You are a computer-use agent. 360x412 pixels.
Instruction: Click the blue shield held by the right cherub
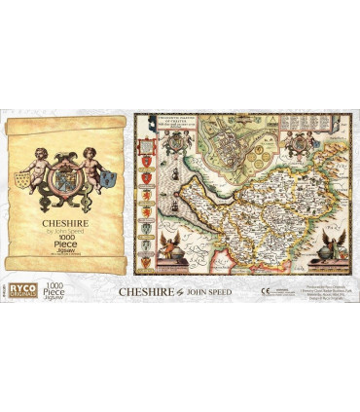tap(108, 178)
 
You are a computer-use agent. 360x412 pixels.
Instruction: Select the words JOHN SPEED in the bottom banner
tap(208, 289)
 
